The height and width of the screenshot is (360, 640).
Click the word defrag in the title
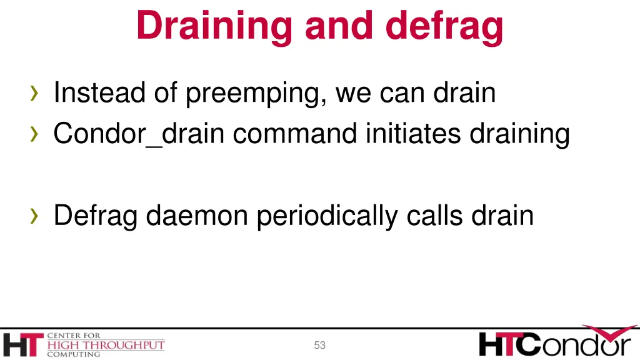click(444, 26)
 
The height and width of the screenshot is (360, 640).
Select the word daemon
click(198, 216)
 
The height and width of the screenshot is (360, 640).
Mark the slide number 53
click(320, 345)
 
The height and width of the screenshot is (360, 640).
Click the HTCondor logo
click(555, 342)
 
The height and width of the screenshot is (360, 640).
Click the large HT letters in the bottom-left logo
click(22, 345)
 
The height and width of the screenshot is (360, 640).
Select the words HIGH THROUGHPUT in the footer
click(106, 345)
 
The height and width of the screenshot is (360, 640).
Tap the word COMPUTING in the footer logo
click(73, 354)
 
